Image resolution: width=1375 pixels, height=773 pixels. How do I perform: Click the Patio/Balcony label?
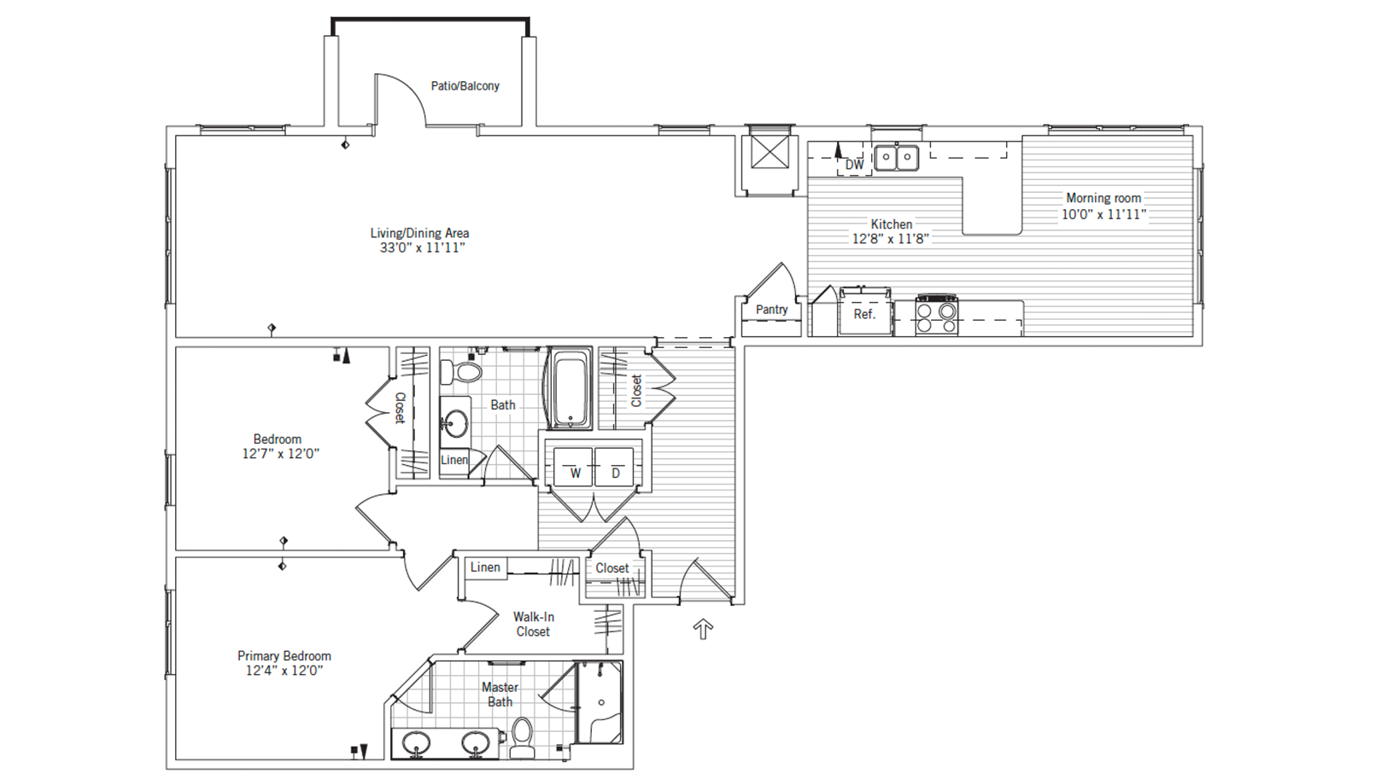point(465,86)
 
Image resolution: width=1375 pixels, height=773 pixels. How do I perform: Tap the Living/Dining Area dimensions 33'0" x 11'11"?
point(422,248)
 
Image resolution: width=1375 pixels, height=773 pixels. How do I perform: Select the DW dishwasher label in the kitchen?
point(854,164)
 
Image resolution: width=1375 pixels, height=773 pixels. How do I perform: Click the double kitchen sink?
point(897,158)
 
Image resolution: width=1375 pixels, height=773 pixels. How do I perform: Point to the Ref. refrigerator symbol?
point(864,314)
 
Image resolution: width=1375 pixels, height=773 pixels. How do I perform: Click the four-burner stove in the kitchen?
point(936,316)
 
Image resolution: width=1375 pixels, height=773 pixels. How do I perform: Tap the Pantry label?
point(771,310)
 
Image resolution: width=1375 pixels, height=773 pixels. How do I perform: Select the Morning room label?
point(1103,198)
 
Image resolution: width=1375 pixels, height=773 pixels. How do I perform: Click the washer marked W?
point(575,468)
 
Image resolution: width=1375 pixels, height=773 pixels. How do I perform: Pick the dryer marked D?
point(616,468)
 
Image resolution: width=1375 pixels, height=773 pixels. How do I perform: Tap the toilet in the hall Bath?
point(464,372)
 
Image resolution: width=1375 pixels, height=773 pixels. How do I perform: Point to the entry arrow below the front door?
point(703,630)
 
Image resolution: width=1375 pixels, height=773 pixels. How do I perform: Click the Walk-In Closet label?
point(533,624)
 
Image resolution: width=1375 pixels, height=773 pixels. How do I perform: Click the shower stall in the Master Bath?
point(600,703)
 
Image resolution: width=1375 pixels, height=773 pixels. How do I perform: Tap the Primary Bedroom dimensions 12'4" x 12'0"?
point(284,671)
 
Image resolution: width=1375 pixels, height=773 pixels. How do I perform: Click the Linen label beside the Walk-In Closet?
point(485,567)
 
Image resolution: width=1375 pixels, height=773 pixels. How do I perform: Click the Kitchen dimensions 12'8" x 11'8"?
point(890,239)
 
